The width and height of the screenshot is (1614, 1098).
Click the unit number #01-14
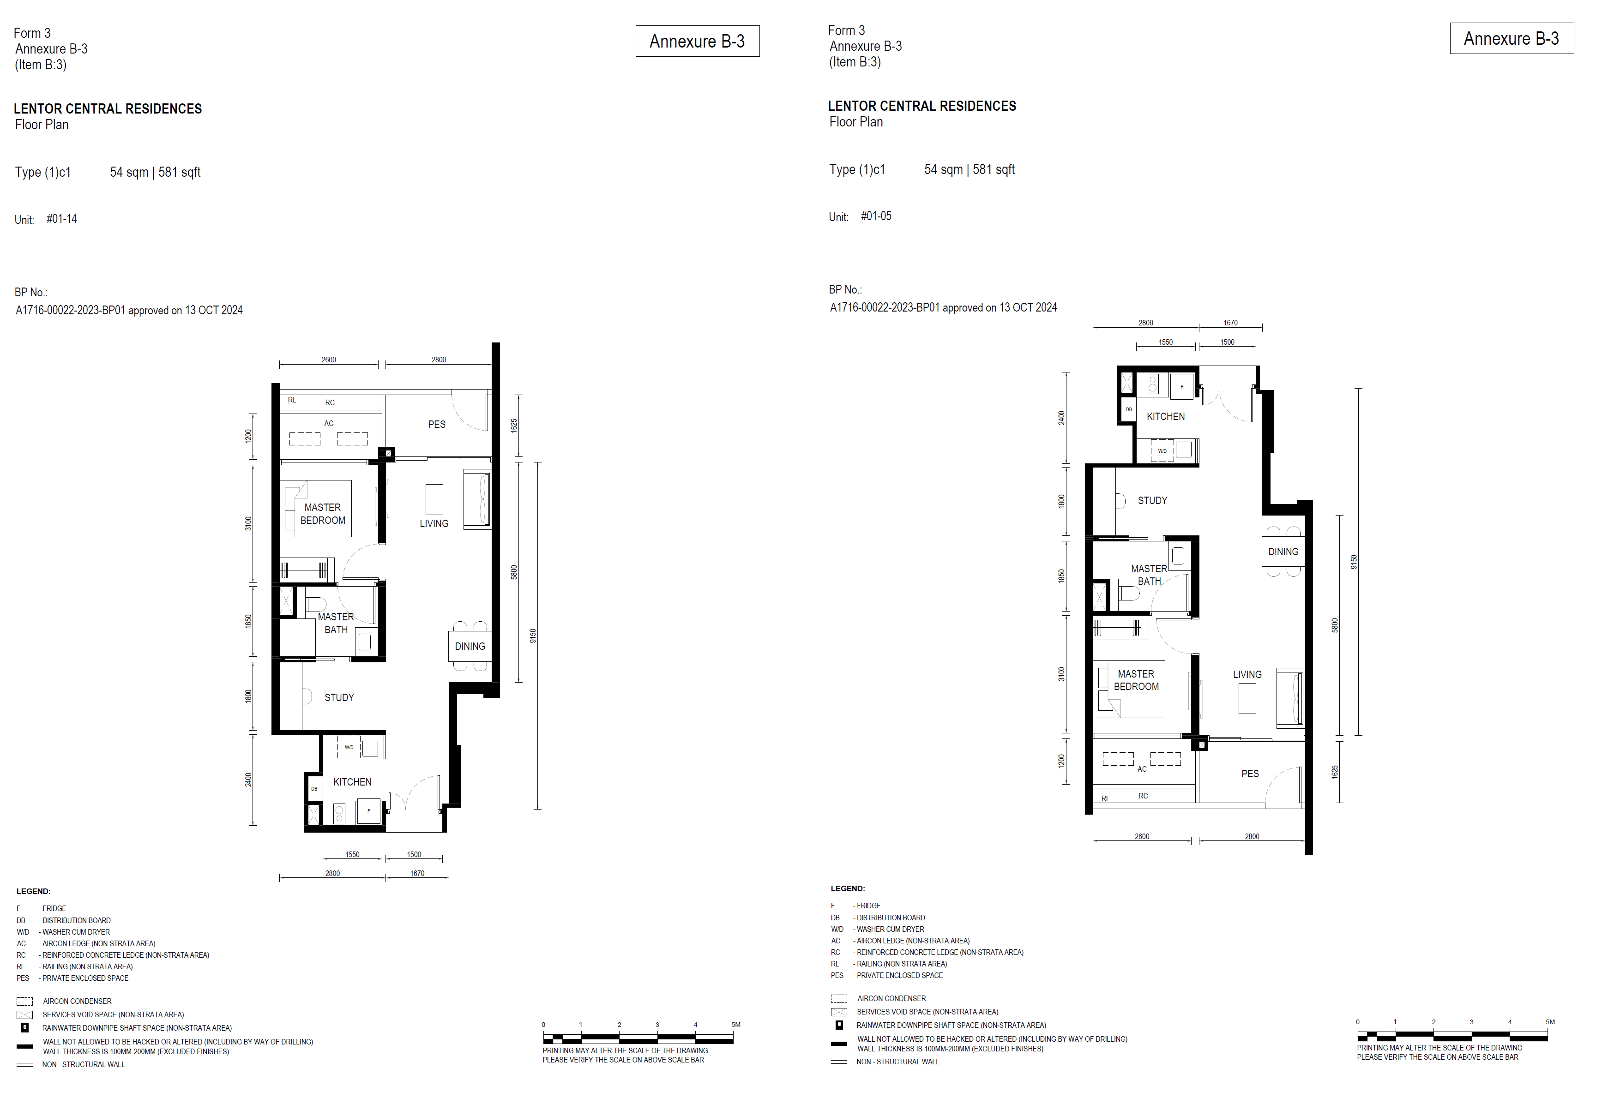62,219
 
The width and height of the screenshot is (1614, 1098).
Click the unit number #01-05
876,216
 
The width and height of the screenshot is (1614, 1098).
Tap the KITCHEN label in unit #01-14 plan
352,782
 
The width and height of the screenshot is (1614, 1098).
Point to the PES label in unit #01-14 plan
437,424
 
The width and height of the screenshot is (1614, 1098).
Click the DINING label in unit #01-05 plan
1283,552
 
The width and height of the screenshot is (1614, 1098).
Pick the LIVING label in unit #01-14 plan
434,524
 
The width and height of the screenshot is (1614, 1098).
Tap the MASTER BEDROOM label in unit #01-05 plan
1136,680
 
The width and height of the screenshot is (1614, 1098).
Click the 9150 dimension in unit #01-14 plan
533,636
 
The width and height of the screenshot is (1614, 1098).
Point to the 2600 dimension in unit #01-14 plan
329,360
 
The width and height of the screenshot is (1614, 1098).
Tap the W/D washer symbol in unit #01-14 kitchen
349,747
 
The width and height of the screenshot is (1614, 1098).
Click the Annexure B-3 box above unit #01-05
1511,38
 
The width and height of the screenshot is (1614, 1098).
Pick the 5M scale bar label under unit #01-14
735,1024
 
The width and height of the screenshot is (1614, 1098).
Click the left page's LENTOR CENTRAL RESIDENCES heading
108,109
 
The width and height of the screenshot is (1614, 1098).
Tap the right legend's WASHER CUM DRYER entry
890,929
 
